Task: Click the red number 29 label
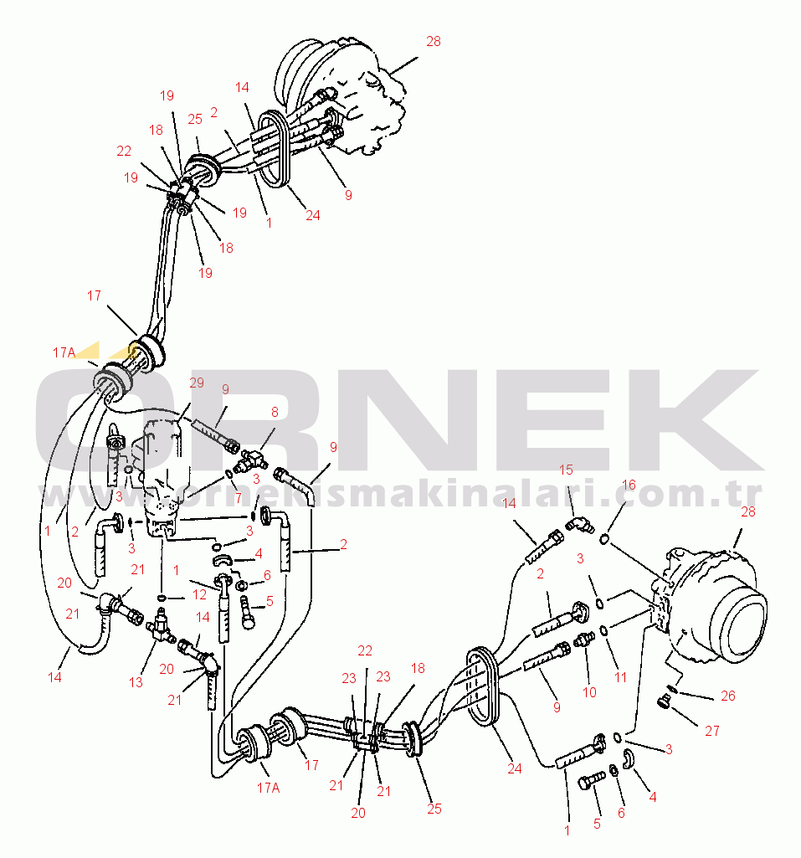(x=197, y=383)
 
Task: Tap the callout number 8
(x=275, y=412)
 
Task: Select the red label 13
(x=136, y=682)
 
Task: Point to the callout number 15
(x=566, y=470)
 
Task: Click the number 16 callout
(x=629, y=485)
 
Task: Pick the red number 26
(x=727, y=696)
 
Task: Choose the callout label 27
(x=711, y=731)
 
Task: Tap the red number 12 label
(x=200, y=594)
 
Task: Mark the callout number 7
(x=238, y=498)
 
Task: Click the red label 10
(x=589, y=692)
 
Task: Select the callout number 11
(x=620, y=677)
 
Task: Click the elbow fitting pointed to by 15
(x=579, y=525)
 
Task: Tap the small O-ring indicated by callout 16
(x=604, y=540)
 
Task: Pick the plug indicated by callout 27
(x=663, y=702)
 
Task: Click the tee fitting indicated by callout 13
(x=161, y=626)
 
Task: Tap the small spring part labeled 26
(x=672, y=688)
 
